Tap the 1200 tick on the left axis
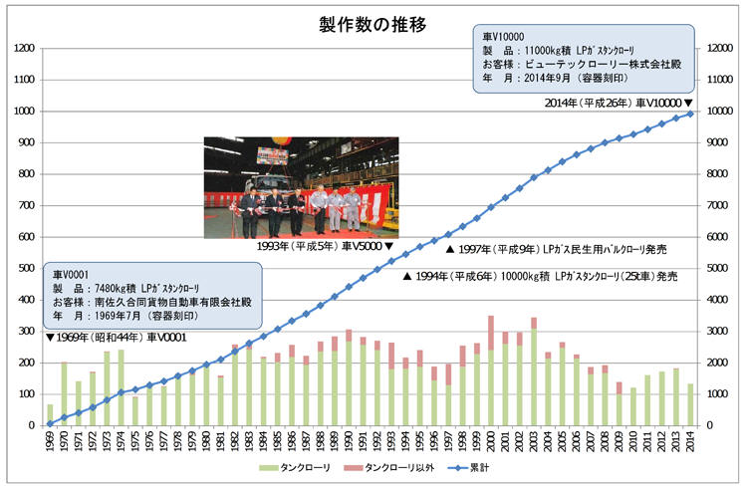pyautogui.click(x=24, y=48)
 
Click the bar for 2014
pyautogui.click(x=690, y=403)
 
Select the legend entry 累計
pyautogui.click(x=476, y=468)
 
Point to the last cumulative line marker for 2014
pyautogui.click(x=690, y=114)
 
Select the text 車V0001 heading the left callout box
pyautogui.click(x=72, y=272)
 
